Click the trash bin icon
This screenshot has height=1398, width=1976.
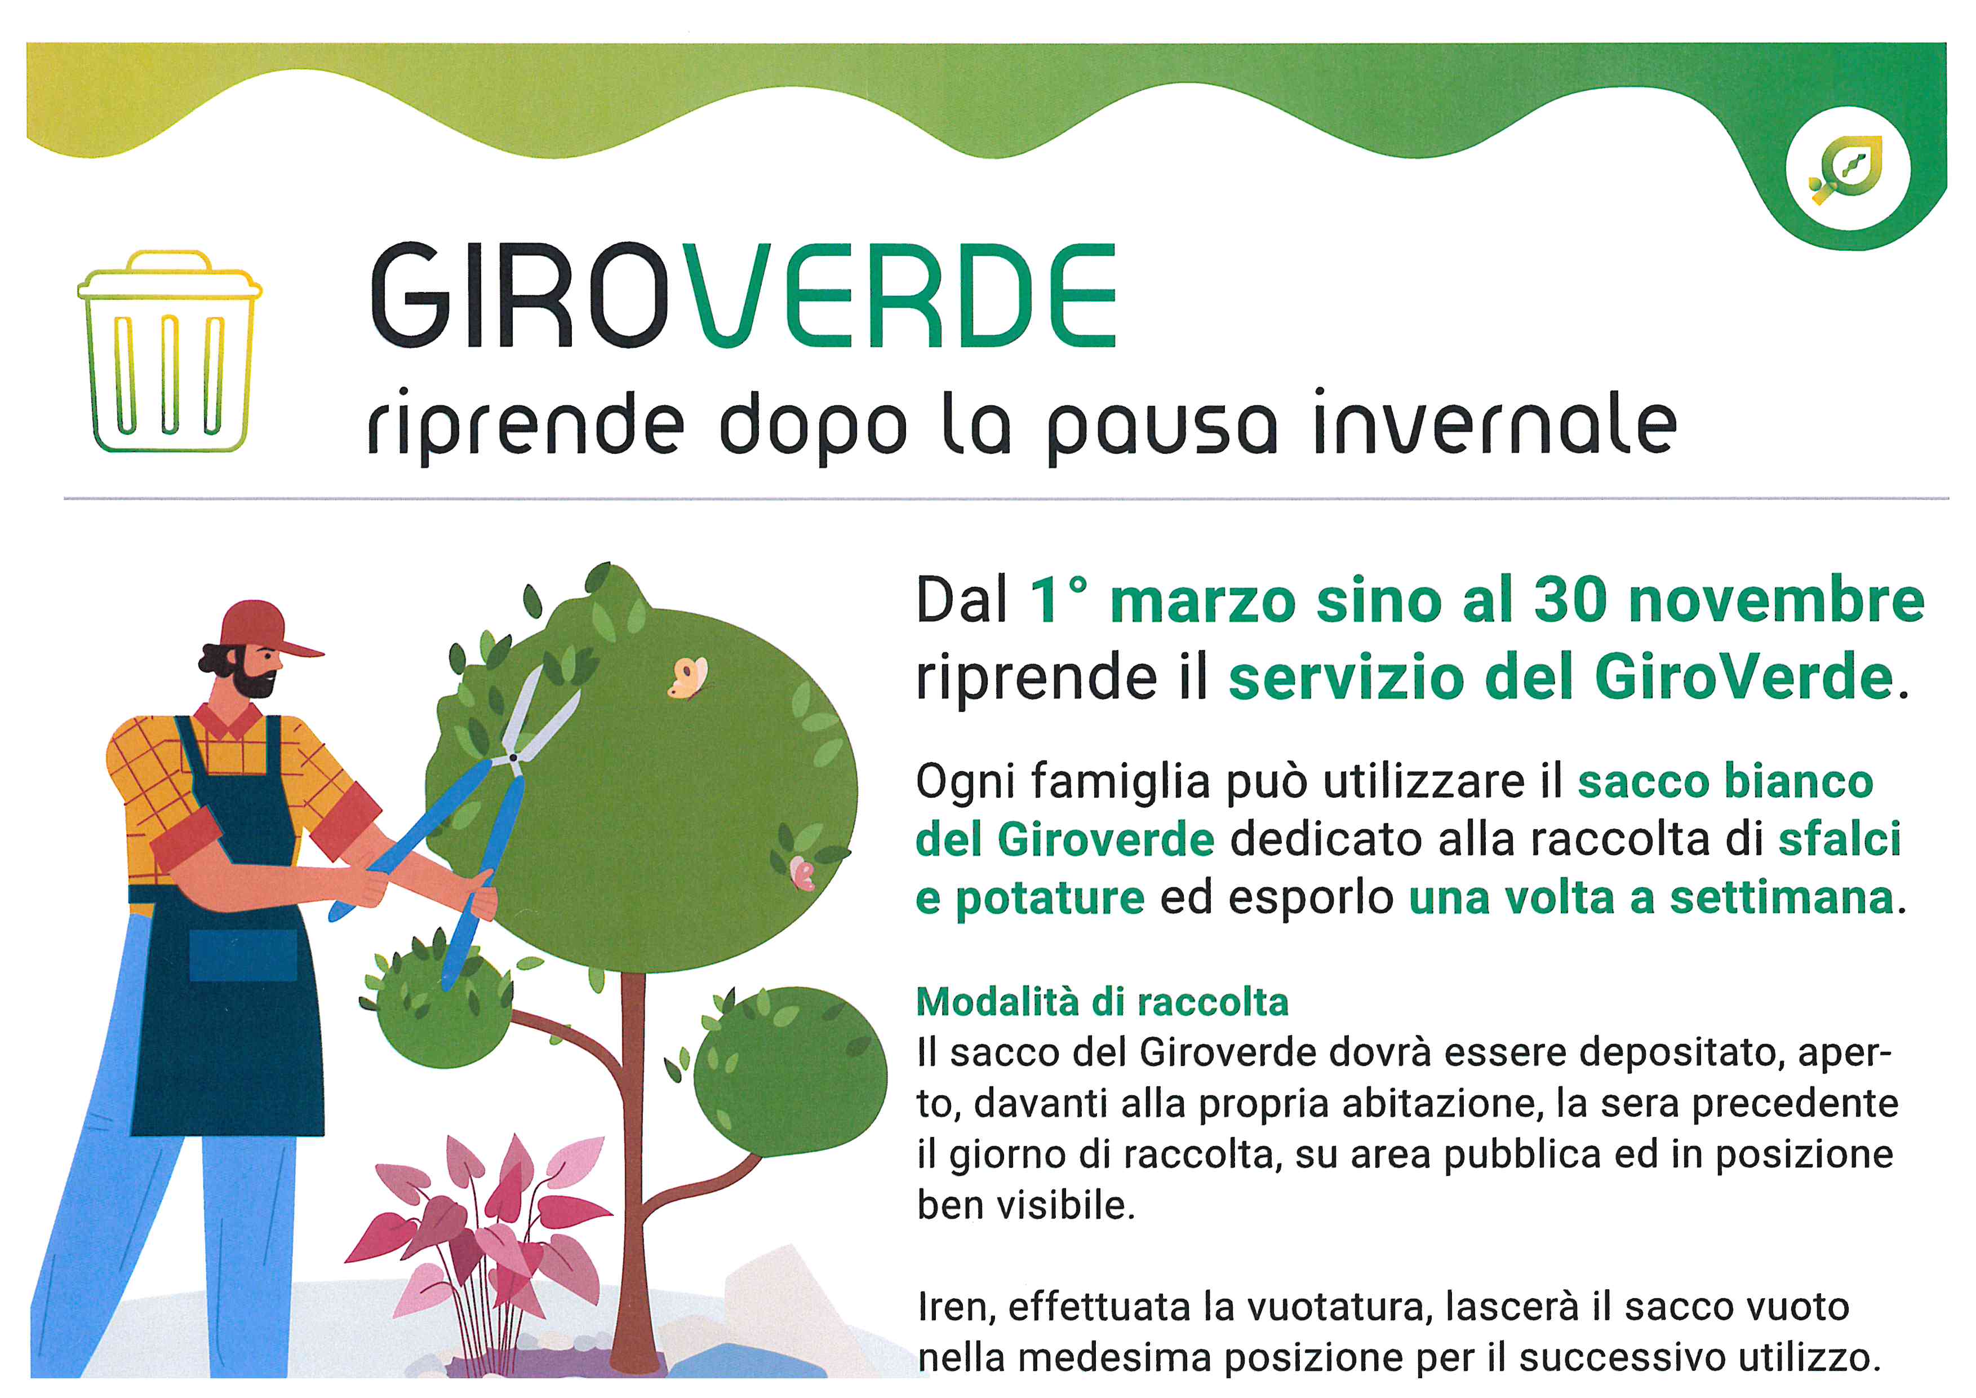tap(170, 351)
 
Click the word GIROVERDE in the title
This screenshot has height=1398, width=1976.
tap(744, 295)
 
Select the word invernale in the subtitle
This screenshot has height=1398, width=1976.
tap(1495, 423)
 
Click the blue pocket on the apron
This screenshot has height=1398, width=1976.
tap(243, 955)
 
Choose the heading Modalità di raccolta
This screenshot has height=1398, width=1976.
tap(1103, 1002)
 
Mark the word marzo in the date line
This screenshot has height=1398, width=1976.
tap(1202, 601)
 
